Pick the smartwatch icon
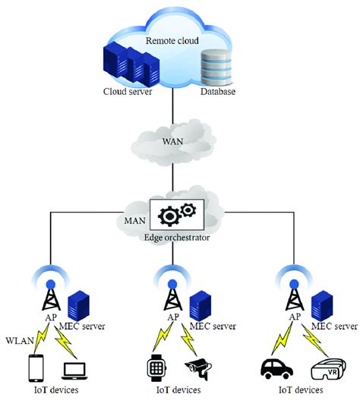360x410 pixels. [156, 369]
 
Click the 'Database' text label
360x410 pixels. [219, 93]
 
